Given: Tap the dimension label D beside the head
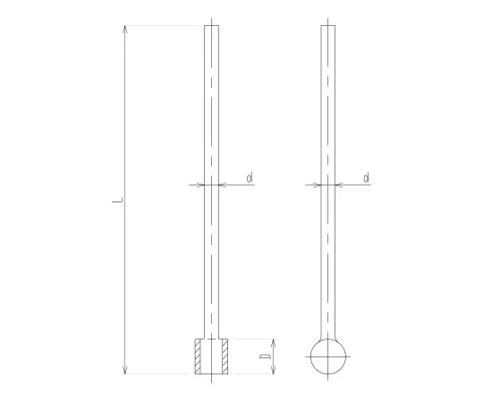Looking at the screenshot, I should (266, 357).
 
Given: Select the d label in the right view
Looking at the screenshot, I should (367, 179).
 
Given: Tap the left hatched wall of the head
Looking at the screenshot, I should (199, 356).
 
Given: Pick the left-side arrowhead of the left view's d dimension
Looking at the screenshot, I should (200, 185).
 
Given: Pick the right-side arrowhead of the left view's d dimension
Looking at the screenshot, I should (223, 185).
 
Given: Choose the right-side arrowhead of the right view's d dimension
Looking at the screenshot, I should (341, 185).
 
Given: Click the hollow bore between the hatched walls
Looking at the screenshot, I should (211, 356).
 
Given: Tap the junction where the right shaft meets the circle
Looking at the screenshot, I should (328, 339).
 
